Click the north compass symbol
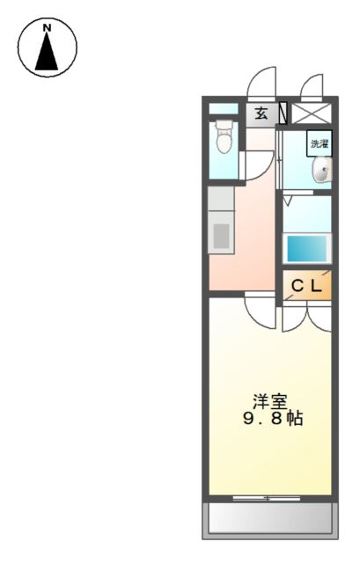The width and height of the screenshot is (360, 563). [x=48, y=48]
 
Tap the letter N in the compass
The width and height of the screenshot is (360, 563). [x=48, y=29]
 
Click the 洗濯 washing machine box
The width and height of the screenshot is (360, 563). [x=318, y=143]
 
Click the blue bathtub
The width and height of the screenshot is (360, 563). [x=307, y=247]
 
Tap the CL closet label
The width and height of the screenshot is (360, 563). [x=307, y=285]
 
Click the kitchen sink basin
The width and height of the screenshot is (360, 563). [x=221, y=235]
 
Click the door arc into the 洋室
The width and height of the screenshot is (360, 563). [x=261, y=311]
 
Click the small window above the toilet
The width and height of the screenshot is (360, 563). [x=224, y=109]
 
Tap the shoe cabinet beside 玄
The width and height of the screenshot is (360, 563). [x=283, y=113]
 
